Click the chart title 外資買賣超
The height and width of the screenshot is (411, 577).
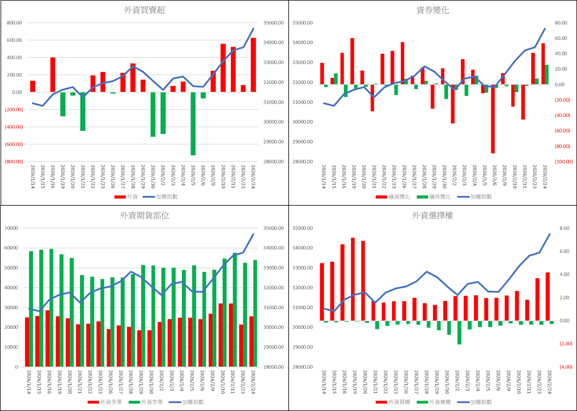pyautogui.click(x=145, y=11)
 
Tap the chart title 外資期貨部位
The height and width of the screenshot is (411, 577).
pyautogui.click(x=145, y=216)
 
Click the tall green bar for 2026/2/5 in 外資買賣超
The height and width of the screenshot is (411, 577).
pyautogui.click(x=193, y=124)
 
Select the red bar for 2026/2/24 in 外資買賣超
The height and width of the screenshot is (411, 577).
pyautogui.click(x=253, y=65)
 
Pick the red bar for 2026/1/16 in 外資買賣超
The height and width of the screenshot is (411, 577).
pyautogui.click(x=52, y=75)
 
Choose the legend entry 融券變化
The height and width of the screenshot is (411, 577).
pyautogui.click(x=433, y=197)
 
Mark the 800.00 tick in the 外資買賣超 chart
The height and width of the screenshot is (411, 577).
pyautogui.click(x=13, y=23)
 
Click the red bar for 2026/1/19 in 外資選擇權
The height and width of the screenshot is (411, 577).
pyautogui.click(x=353, y=279)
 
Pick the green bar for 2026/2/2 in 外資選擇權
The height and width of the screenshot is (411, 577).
pyautogui.click(x=459, y=332)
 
